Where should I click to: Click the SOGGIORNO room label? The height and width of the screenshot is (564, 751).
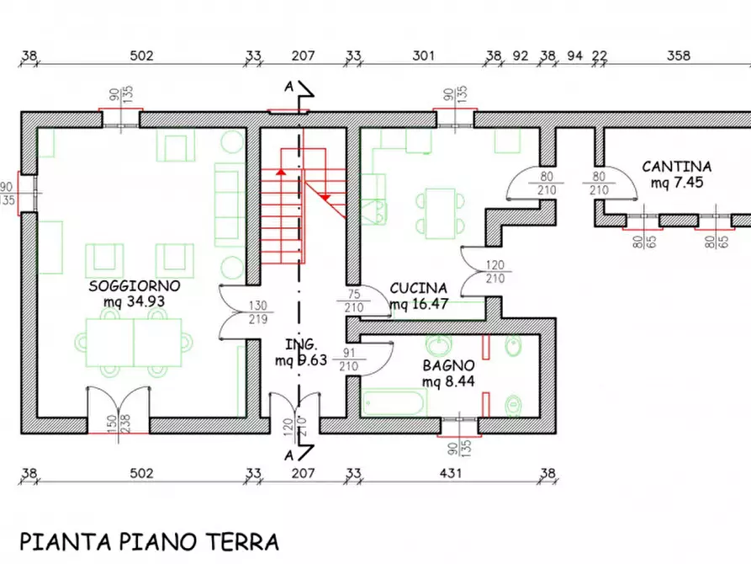[x=135, y=285]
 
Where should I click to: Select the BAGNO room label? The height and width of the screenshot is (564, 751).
[x=449, y=365]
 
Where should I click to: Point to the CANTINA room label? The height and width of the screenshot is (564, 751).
[x=677, y=167]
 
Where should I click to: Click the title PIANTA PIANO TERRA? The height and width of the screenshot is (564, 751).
[x=149, y=540]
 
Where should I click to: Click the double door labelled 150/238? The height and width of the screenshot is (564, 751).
[x=119, y=410]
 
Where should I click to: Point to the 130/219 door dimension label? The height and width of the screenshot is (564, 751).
[x=258, y=311]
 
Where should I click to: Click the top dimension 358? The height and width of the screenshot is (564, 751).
[x=678, y=56]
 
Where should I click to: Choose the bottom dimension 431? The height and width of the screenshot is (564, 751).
[x=452, y=473]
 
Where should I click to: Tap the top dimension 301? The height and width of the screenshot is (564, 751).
[x=423, y=56]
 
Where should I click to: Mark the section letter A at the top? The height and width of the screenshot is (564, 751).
[x=288, y=86]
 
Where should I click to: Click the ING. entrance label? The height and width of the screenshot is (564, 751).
[x=300, y=345]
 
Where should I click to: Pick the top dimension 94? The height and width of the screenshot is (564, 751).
[x=574, y=56]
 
